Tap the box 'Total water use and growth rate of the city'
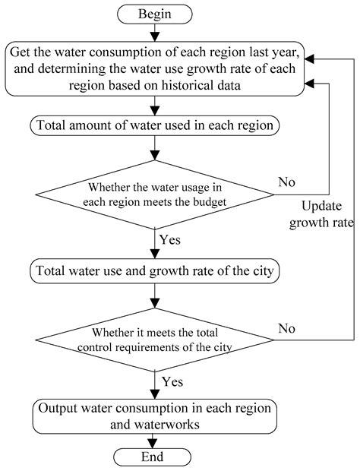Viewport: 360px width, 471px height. tap(156, 270)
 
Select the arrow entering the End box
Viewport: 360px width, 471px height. tap(156, 441)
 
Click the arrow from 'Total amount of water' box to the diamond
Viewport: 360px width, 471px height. tap(156, 148)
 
